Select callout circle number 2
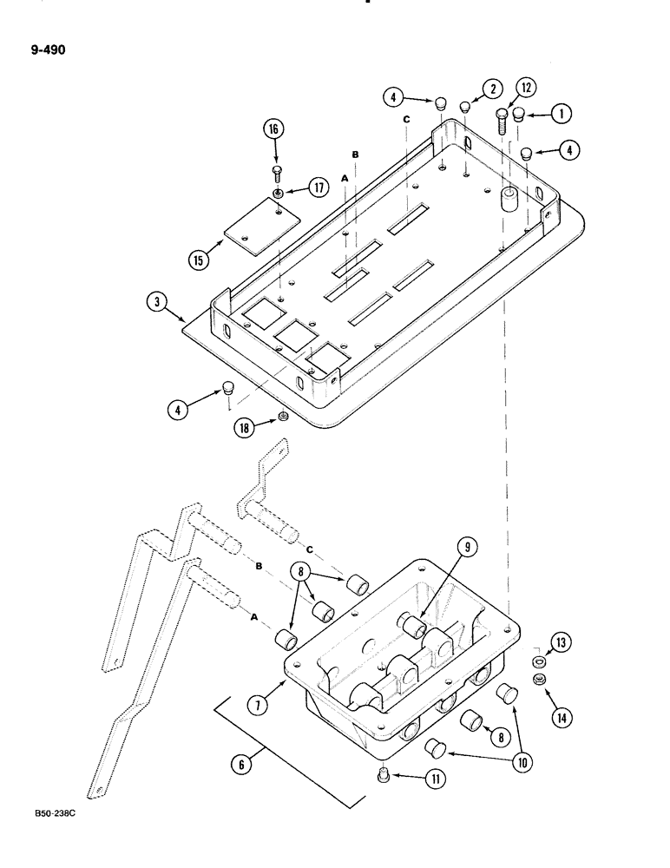492,88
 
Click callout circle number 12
527,87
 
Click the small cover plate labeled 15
257,225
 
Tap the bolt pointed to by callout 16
276,171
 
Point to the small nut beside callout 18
283,419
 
